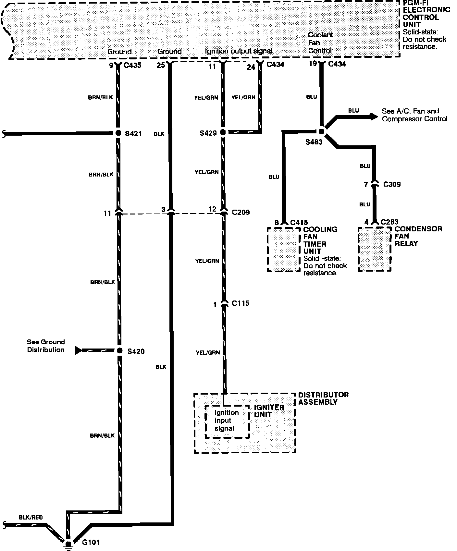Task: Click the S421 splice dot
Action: (119, 133)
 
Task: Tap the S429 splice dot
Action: (223, 132)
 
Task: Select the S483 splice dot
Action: (321, 131)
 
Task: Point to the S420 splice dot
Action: (120, 350)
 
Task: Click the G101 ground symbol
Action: (68, 544)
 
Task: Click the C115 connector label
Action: (241, 303)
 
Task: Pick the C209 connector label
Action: (241, 212)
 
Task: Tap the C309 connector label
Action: (392, 184)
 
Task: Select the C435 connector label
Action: (132, 65)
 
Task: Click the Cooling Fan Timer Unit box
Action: (283, 249)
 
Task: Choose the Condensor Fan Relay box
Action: (375, 249)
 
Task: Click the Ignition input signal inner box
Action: (227, 421)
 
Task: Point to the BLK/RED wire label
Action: (31, 518)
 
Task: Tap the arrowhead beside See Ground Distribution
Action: (79, 350)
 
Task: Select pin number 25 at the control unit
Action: (161, 65)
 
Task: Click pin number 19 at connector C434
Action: (313, 63)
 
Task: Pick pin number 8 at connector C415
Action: (277, 223)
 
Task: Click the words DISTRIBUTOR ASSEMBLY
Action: (323, 398)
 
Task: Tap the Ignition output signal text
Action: (238, 51)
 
